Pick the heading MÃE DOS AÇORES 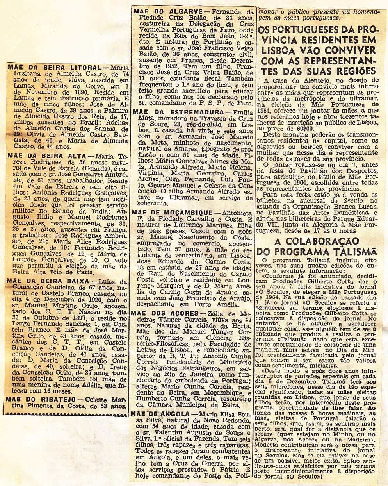pos(164,313)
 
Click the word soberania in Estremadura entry pos(147,203)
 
